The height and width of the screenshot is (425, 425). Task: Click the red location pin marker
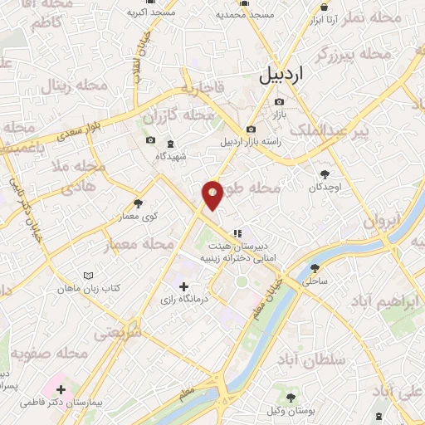(212, 195)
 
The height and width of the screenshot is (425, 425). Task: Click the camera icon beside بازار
(279, 103)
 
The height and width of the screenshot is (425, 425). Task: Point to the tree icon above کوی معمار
(138, 203)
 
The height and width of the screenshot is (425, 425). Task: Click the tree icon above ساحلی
(315, 267)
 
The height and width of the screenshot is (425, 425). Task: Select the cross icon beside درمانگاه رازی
(183, 286)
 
